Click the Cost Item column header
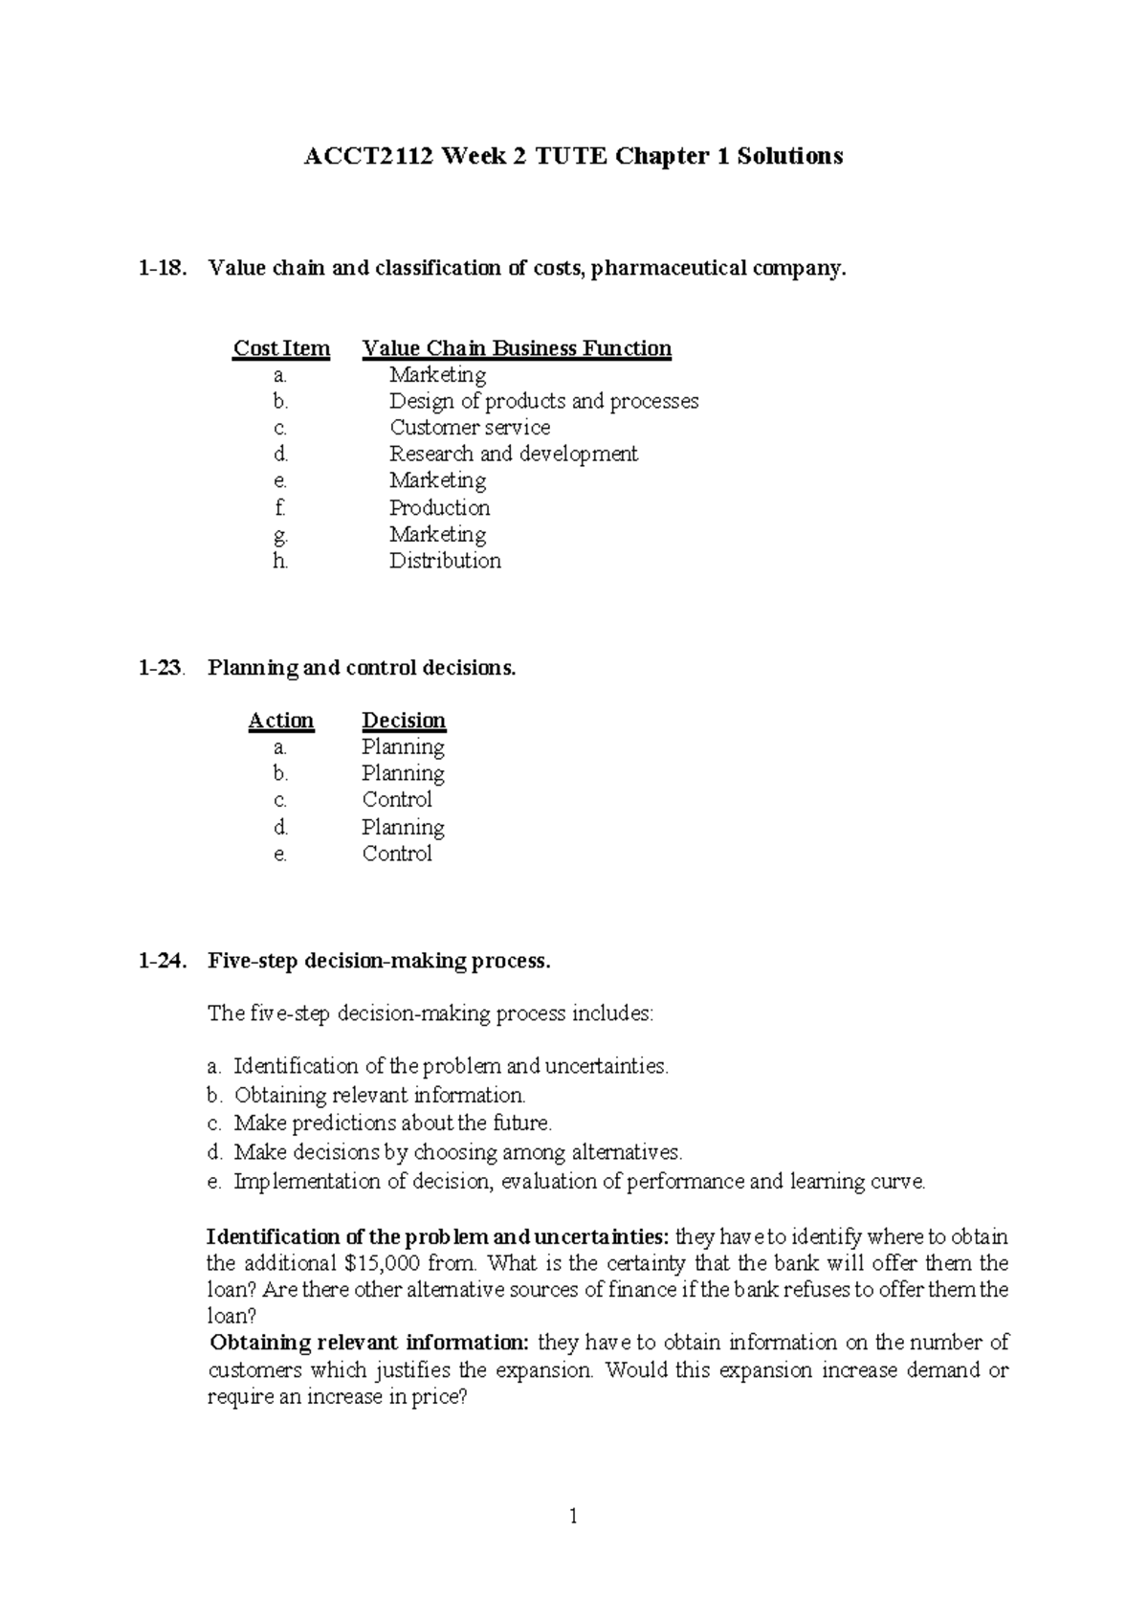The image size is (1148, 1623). click(x=281, y=348)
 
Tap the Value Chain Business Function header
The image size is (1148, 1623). click(x=517, y=348)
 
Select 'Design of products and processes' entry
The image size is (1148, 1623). click(x=543, y=401)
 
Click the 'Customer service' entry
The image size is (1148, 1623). click(x=469, y=428)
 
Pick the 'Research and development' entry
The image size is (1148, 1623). click(x=513, y=454)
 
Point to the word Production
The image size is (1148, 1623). click(x=439, y=507)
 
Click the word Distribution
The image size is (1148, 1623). click(x=445, y=561)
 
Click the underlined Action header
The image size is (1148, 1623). click(x=281, y=721)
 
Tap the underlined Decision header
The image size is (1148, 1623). click(x=404, y=721)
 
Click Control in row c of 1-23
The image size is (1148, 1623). click(x=397, y=800)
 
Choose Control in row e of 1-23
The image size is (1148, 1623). click(x=397, y=854)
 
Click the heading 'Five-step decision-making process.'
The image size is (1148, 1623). click(x=379, y=961)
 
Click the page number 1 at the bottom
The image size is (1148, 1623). click(x=573, y=1516)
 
